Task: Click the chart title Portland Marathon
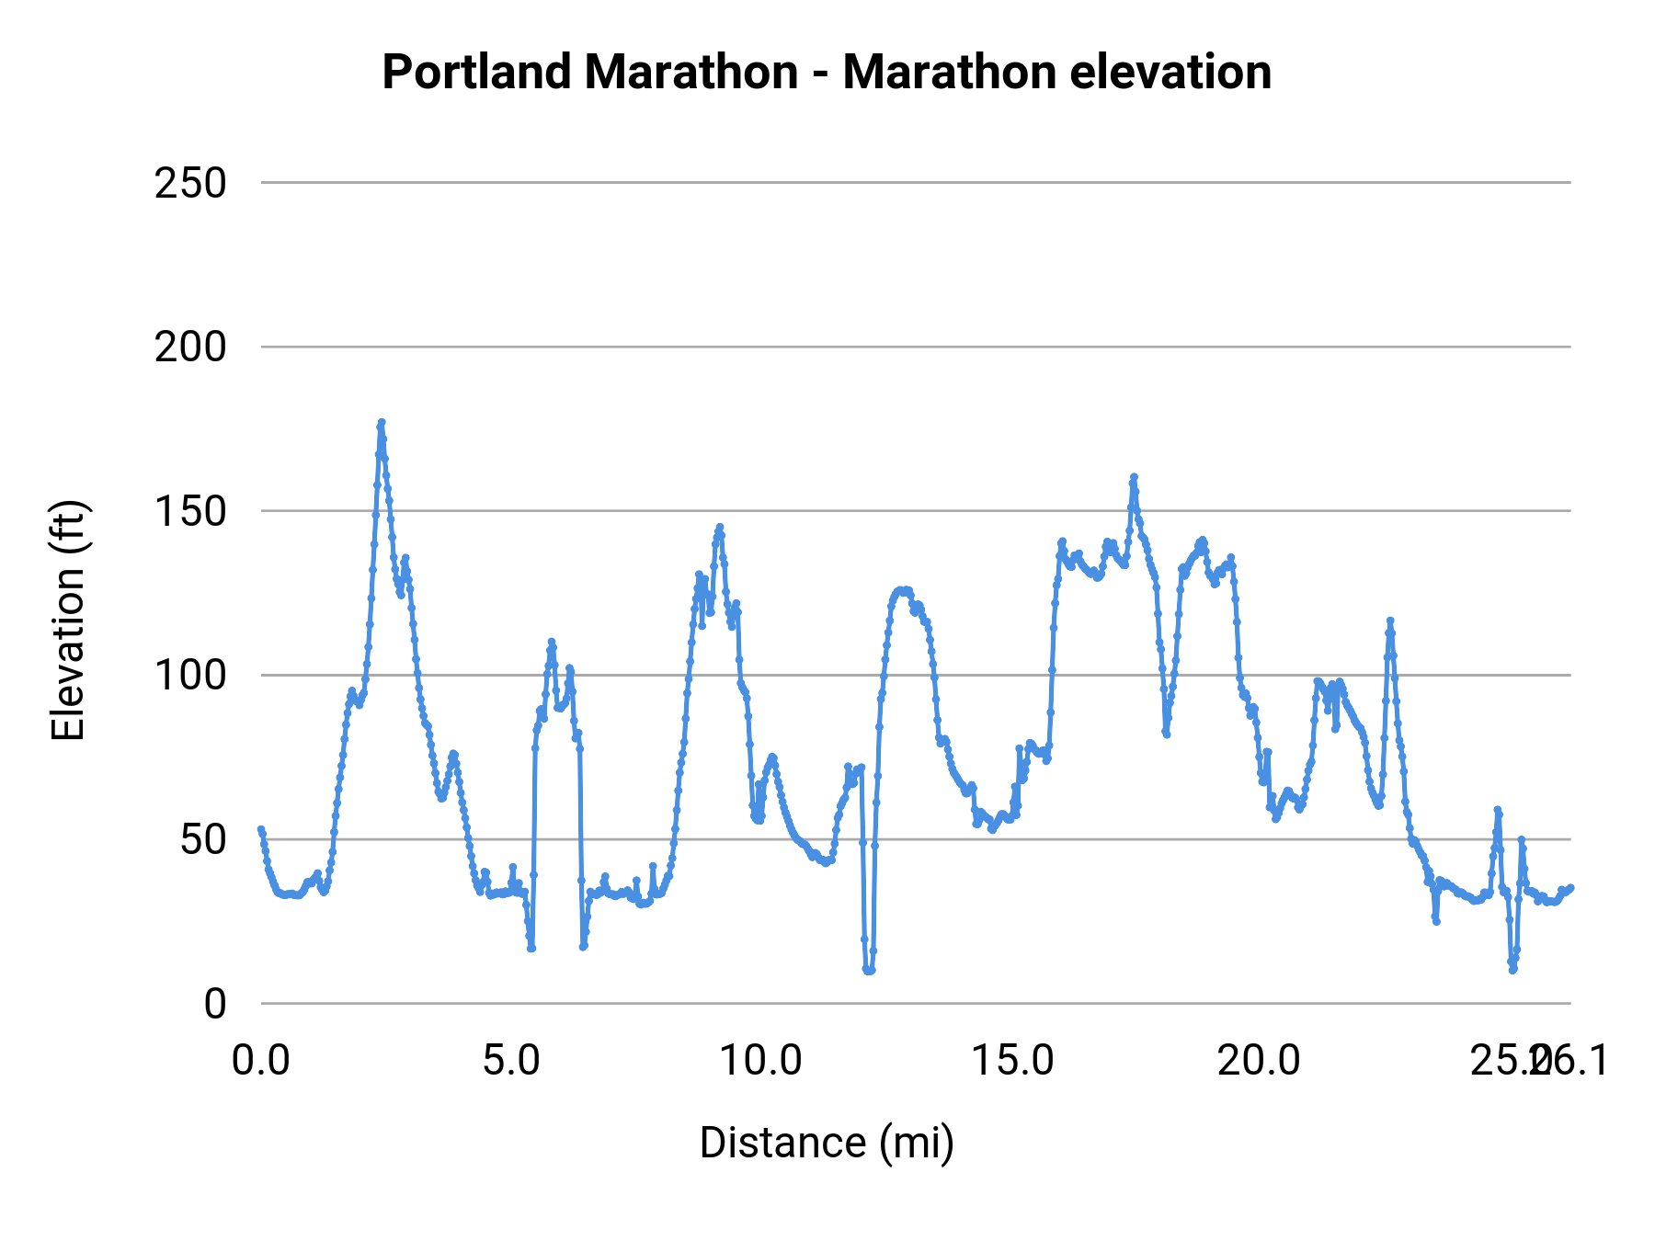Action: tap(827, 73)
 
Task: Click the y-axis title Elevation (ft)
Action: tap(68, 620)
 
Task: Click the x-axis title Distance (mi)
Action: tap(827, 1143)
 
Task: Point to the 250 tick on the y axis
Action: tap(190, 183)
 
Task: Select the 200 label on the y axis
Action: tap(190, 347)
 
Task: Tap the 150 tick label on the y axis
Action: tap(190, 511)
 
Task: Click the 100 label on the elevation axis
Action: tap(190, 676)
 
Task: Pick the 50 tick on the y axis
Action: tap(202, 839)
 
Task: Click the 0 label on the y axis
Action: tap(215, 1004)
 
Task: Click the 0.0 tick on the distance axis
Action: tap(261, 1061)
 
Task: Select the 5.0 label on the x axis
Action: tap(512, 1061)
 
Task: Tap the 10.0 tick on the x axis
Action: tap(760, 1061)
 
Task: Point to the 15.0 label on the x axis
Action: tap(1012, 1061)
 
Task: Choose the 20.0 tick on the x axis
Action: tap(1260, 1061)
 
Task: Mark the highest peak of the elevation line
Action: tap(381, 423)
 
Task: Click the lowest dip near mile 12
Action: tap(868, 970)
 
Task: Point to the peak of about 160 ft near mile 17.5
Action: tap(1134, 477)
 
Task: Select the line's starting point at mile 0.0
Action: tap(261, 829)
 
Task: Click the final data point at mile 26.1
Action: tap(1570, 887)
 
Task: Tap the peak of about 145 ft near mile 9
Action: tap(719, 528)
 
